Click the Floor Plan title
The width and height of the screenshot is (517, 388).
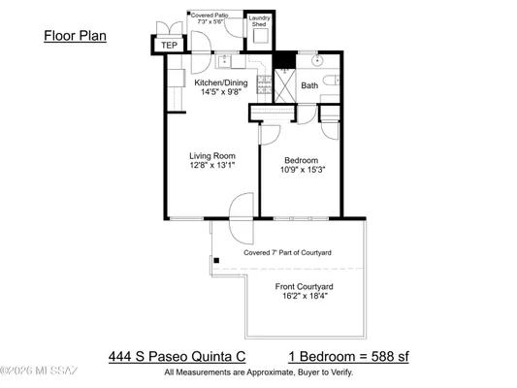pos(75,36)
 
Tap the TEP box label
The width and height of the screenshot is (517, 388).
pos(169,45)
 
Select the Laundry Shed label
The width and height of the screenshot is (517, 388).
pos(259,21)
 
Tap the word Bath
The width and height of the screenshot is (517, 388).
pos(309,86)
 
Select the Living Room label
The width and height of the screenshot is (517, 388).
pos(212,155)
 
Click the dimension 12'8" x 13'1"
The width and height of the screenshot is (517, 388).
pos(212,166)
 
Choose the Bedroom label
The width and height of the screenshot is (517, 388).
pos(302,161)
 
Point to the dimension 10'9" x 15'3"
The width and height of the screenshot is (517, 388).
pos(302,172)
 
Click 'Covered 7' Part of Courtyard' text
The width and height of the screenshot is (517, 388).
pos(287,253)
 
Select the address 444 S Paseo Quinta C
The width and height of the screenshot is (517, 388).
pos(168,356)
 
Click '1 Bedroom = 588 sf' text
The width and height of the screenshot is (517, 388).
pos(348,356)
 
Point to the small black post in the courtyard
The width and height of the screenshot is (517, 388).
pos(216,260)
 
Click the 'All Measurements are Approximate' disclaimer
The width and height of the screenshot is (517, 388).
pos(258,372)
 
